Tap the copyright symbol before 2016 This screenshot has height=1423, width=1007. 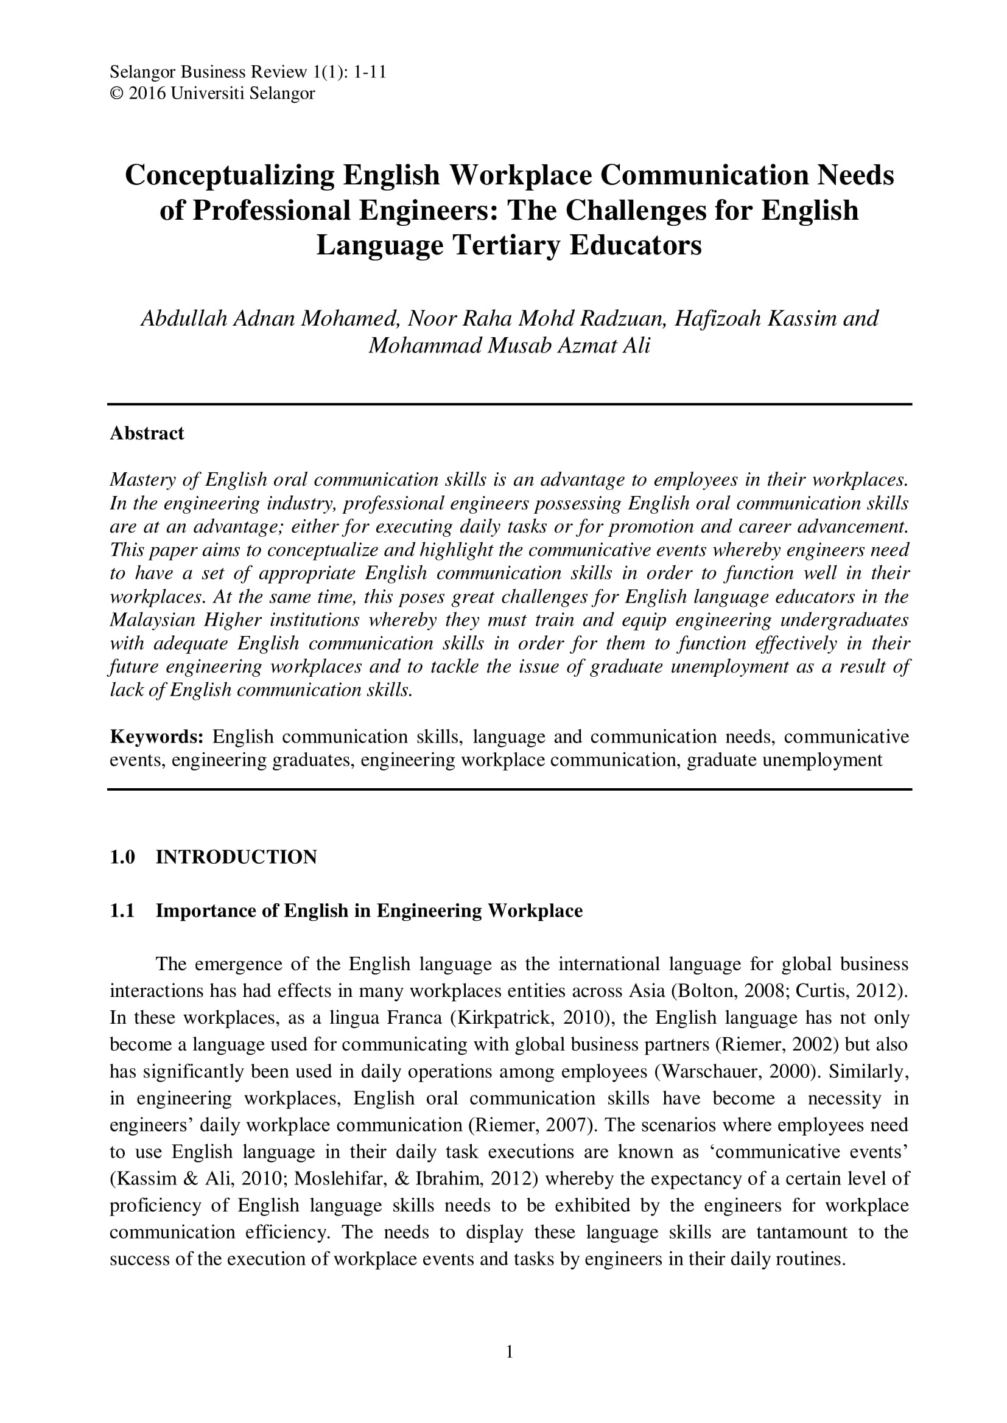pyautogui.click(x=116, y=94)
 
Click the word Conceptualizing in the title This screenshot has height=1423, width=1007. pyautogui.click(x=230, y=175)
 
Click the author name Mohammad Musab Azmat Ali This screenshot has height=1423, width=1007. pyautogui.click(x=509, y=345)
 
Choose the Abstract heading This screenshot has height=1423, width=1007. pyautogui.click(x=147, y=433)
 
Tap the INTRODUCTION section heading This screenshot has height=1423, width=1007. pyautogui.click(x=236, y=857)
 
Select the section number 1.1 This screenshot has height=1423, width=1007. pyautogui.click(x=122, y=911)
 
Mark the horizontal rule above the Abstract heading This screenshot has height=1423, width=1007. pyautogui.click(x=509, y=404)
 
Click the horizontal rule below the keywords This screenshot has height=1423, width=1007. pyautogui.click(x=509, y=789)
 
